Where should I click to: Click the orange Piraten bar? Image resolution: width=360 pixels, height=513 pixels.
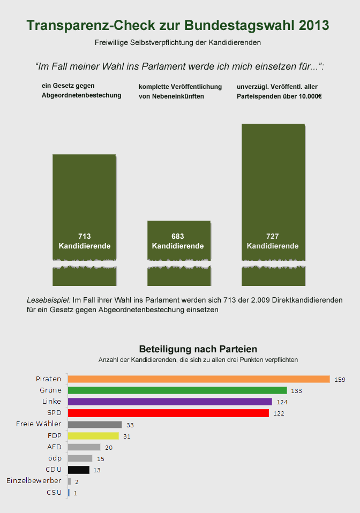pyautogui.click(x=198, y=379)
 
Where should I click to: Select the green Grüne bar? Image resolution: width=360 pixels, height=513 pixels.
pyautogui.click(x=177, y=390)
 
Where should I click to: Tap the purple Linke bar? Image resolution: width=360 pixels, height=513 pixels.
pyautogui.click(x=170, y=402)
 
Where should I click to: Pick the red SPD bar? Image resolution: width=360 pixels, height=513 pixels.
pyautogui.click(x=168, y=413)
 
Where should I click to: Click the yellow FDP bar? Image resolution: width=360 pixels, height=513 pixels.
pyautogui.click(x=93, y=436)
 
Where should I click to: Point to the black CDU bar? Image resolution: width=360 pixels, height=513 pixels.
pyautogui.click(x=78, y=470)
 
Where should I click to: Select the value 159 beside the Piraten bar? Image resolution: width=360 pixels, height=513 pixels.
pyautogui.click(x=340, y=380)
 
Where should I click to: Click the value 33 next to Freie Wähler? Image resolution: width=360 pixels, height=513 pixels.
pyautogui.click(x=130, y=425)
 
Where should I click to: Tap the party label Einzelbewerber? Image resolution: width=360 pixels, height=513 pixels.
pyautogui.click(x=34, y=481)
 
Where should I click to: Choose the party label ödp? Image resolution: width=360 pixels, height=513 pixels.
pyautogui.click(x=55, y=458)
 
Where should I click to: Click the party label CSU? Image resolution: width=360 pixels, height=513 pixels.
pyautogui.click(x=54, y=492)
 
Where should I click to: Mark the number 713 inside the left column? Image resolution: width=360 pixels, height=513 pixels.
pyautogui.click(x=84, y=236)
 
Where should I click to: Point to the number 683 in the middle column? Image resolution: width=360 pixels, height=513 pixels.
pyautogui.click(x=178, y=236)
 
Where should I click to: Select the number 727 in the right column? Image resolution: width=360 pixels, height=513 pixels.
pyautogui.click(x=273, y=236)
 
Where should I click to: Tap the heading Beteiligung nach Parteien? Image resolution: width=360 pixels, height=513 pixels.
pyautogui.click(x=198, y=349)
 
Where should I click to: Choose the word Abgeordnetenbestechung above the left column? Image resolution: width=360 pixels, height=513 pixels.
pyautogui.click(x=81, y=95)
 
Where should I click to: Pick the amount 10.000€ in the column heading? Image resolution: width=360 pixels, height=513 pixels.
pyautogui.click(x=308, y=97)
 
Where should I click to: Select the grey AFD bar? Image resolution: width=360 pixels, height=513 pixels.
pyautogui.click(x=84, y=447)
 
